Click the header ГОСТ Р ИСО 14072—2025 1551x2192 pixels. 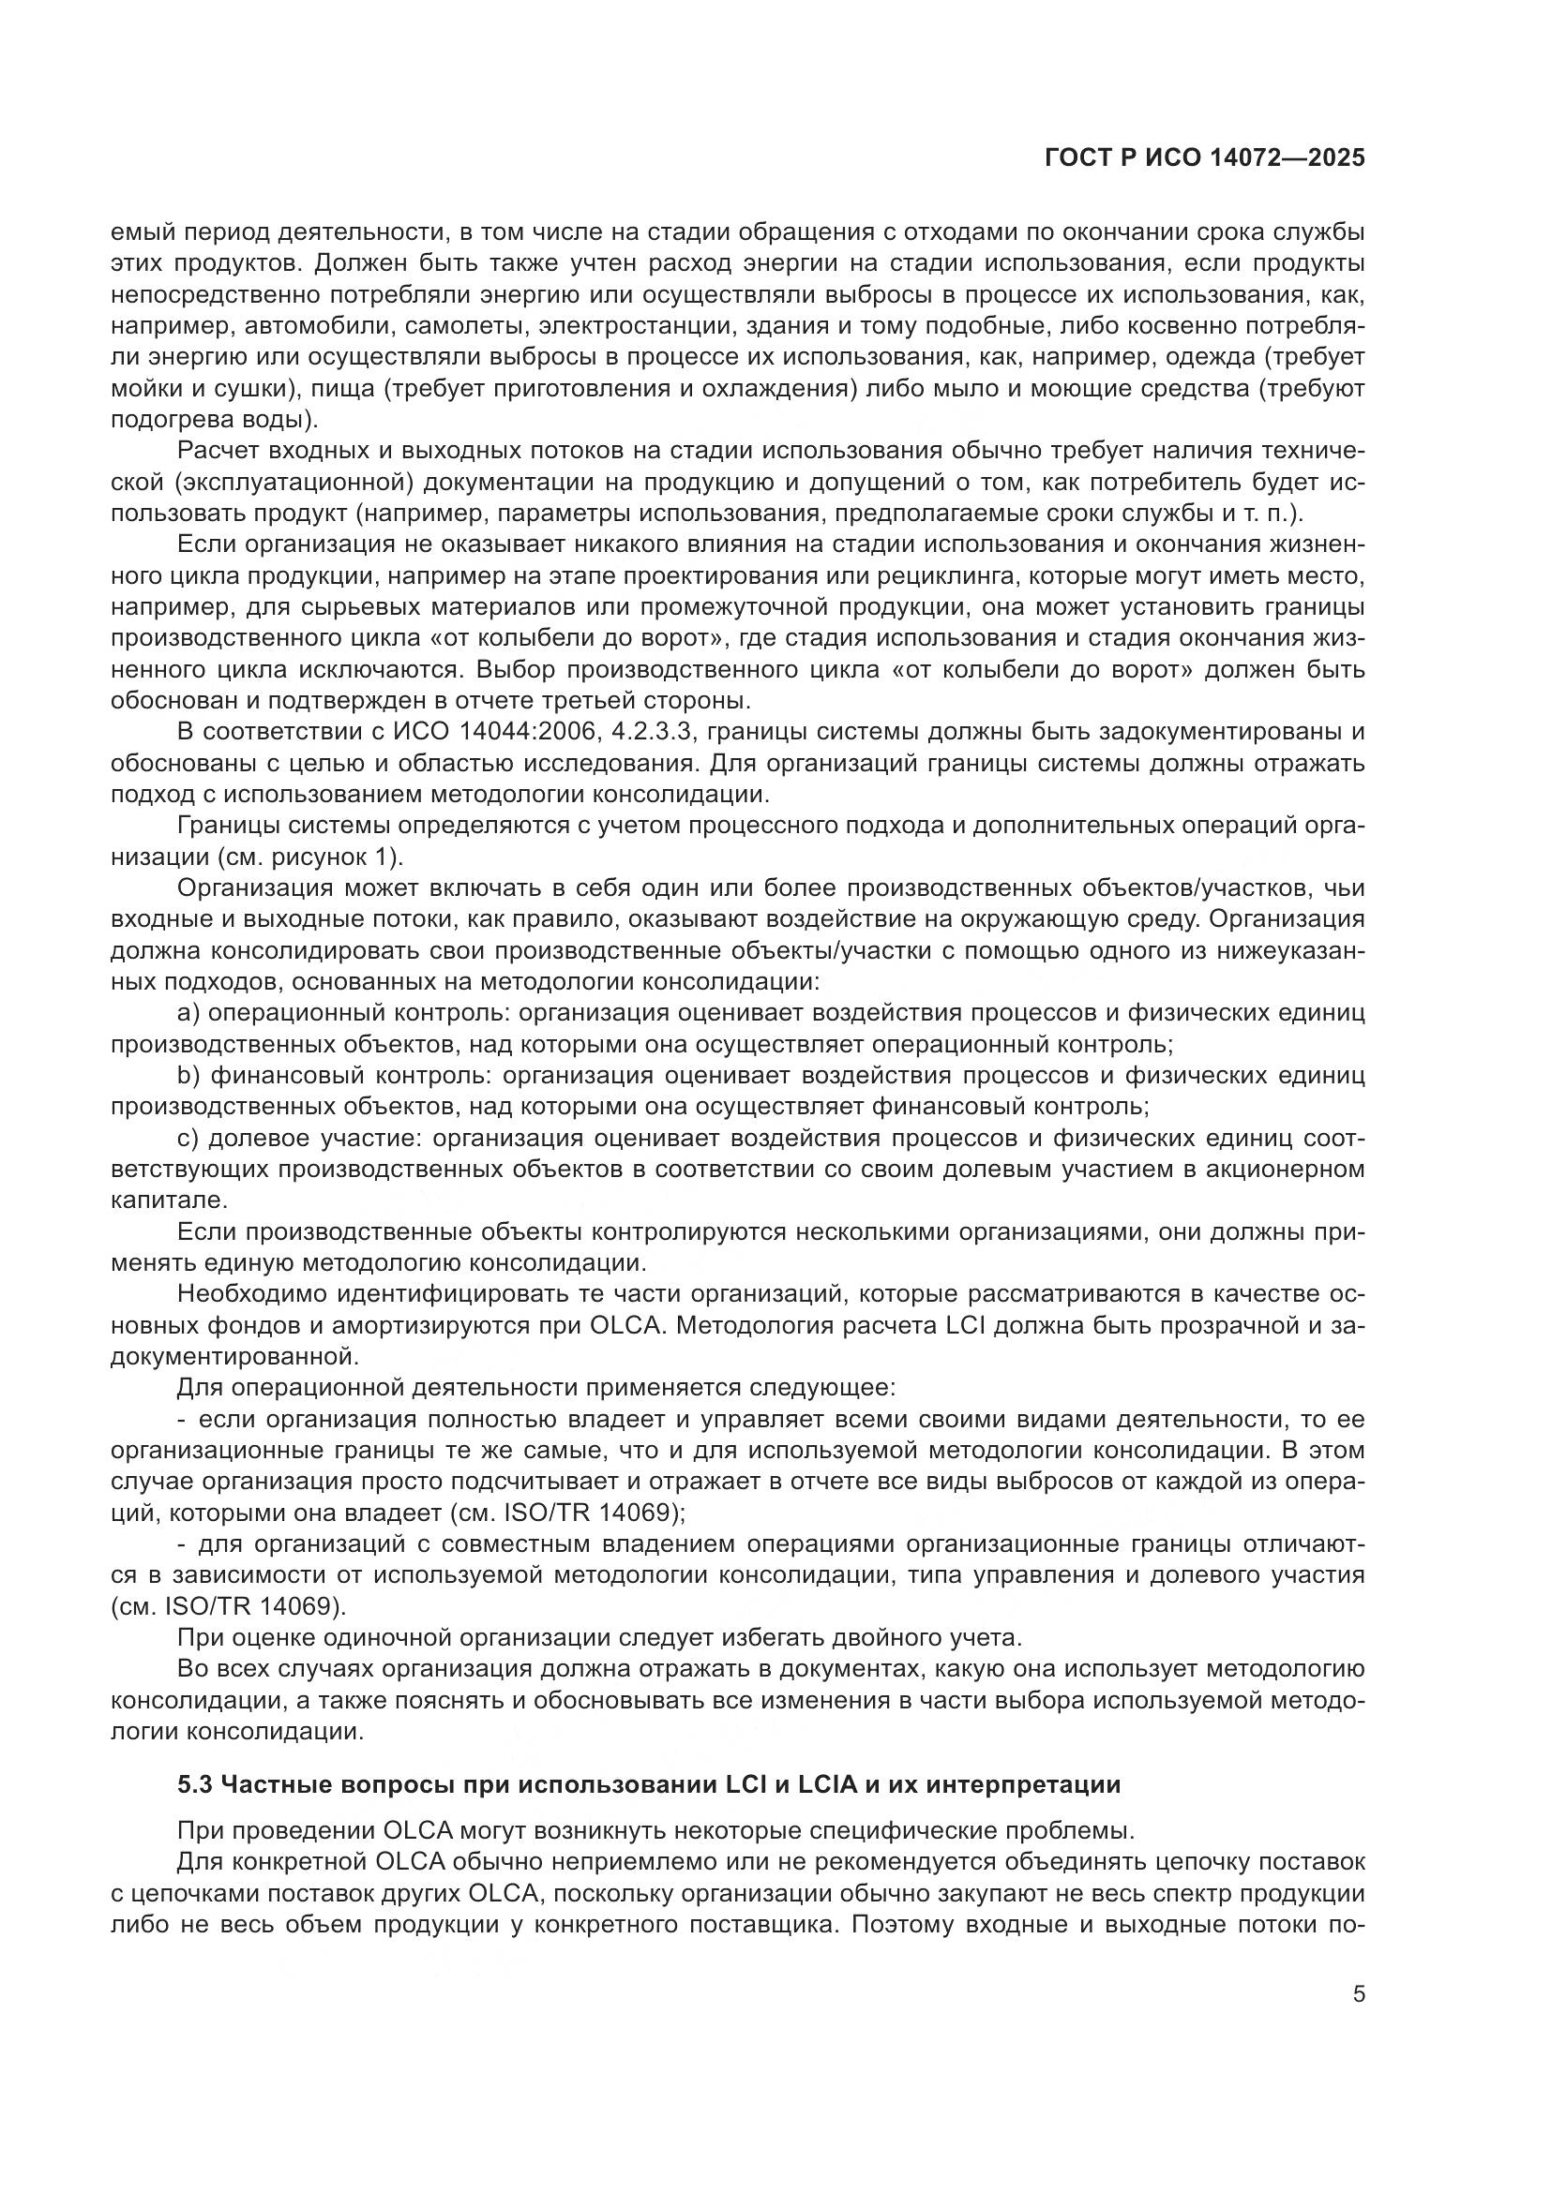pos(1204,159)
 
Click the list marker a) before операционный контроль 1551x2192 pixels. pos(189,1012)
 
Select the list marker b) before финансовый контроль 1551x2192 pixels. pos(189,1075)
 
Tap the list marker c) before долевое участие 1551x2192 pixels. pos(189,1138)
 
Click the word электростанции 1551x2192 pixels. pos(637,325)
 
